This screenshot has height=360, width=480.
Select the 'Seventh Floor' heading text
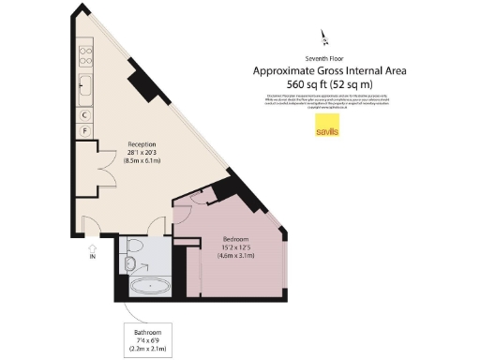coord(324,59)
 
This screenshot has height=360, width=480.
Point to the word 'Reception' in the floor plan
coord(142,144)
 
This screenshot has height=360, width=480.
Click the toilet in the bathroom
coord(132,247)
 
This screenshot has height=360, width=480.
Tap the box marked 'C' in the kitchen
coord(85,114)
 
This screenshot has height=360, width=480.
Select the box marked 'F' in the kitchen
coord(85,130)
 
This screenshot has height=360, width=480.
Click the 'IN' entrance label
coord(92,255)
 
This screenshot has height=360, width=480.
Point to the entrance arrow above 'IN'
coord(92,246)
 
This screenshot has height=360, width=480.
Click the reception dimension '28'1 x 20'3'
coord(142,153)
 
